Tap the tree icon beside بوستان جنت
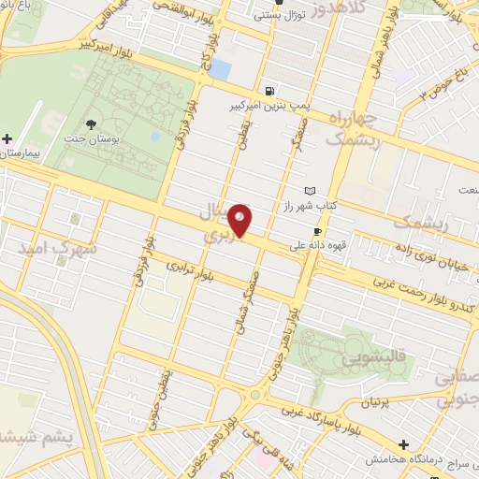tap(91, 124)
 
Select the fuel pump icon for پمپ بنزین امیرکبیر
tap(270, 91)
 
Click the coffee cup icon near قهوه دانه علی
tap(317, 231)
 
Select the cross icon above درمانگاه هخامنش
tap(403, 443)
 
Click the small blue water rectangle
tap(220, 69)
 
